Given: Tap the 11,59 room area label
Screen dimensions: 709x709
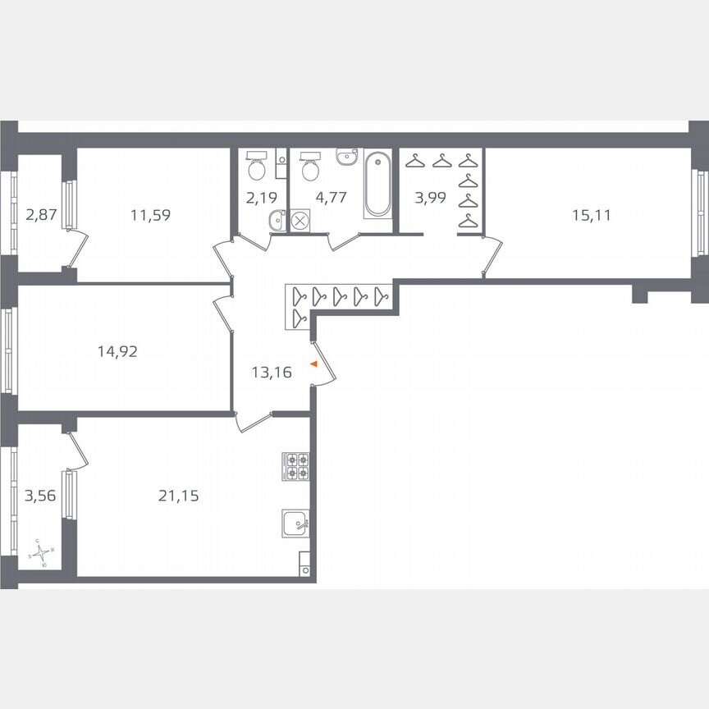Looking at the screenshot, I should tap(150, 216).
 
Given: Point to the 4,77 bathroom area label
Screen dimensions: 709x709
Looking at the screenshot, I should tap(330, 197).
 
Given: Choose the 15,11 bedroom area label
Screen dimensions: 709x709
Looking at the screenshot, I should tap(592, 216).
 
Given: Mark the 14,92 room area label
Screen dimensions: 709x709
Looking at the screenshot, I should tap(117, 352).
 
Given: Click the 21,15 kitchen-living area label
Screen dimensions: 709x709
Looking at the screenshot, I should tap(178, 495).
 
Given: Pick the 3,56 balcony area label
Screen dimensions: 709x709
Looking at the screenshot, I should tap(41, 495).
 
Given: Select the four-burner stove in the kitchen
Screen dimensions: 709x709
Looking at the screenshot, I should tap(296, 466).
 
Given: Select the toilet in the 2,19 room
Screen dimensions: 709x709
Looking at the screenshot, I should tap(257, 166).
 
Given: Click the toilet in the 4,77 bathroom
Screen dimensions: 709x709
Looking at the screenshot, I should tap(311, 166).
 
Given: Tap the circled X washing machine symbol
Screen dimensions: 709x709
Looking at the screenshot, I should tap(300, 220).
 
